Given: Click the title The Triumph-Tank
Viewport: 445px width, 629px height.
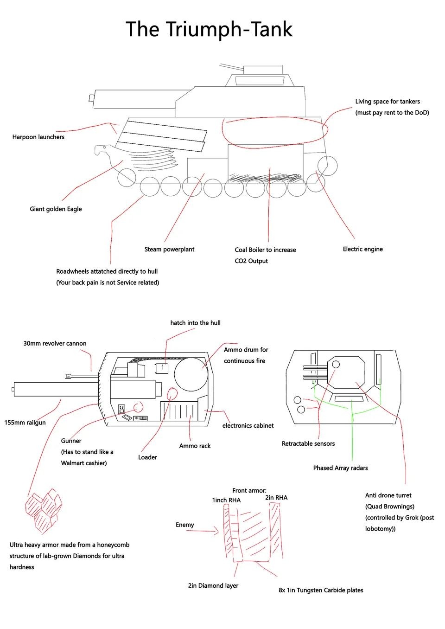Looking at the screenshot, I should pos(209,29).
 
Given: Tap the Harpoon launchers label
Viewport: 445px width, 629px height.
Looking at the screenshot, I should pos(38,137).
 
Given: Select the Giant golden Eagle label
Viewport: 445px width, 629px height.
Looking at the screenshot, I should pos(56,209).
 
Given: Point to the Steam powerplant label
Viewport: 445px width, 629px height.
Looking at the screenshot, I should pos(169,249).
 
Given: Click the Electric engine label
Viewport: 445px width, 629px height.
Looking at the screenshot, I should pos(362,249).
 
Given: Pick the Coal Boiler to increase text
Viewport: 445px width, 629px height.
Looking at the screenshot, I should pos(265,250).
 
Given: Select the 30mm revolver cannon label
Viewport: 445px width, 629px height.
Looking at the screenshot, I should pos(55,343).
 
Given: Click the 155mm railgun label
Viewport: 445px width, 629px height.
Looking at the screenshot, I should pos(25,422).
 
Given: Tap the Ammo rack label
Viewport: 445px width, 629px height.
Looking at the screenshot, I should pos(195,446).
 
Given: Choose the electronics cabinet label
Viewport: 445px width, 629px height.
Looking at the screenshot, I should pos(248,425).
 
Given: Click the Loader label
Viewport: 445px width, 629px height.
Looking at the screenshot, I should pos(147,457).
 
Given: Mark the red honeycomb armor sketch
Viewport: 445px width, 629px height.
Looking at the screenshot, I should pos(44,510).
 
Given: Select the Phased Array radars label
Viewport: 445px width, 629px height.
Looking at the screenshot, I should pos(340,468).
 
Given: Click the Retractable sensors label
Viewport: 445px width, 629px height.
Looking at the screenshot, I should pos(308,443).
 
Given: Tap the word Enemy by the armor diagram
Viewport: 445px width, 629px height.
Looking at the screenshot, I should pos(184,525).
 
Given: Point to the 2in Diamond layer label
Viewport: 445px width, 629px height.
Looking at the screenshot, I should pos(213,585).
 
